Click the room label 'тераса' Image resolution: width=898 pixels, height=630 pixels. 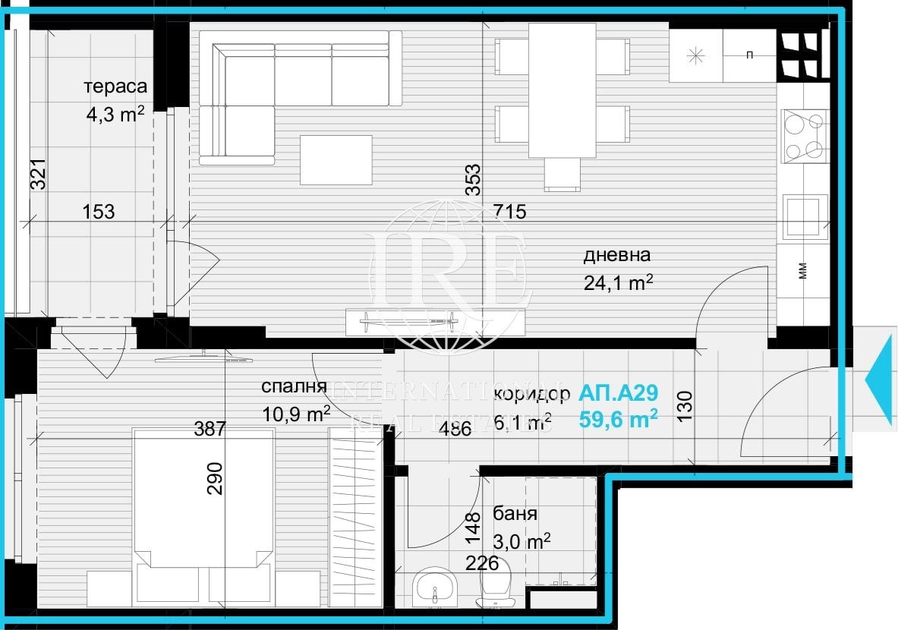coord(115,87)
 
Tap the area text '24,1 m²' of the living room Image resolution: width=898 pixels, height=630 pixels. coord(619,282)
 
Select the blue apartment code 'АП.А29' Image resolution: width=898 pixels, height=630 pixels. coord(618,393)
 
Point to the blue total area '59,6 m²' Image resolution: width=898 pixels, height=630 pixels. coord(618,419)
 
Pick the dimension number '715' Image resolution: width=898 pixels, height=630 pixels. coord(509,212)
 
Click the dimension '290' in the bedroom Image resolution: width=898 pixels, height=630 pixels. coord(215,478)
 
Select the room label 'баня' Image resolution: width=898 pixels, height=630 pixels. coord(515,514)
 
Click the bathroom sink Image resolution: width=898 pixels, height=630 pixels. coord(435,587)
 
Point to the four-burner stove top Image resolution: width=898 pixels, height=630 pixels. coord(804,136)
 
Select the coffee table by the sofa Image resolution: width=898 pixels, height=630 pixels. coord(336,159)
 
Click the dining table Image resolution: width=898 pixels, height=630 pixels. coord(562,90)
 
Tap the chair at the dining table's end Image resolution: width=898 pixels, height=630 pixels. coord(562,175)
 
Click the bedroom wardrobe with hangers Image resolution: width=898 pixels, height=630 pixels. coord(354,516)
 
